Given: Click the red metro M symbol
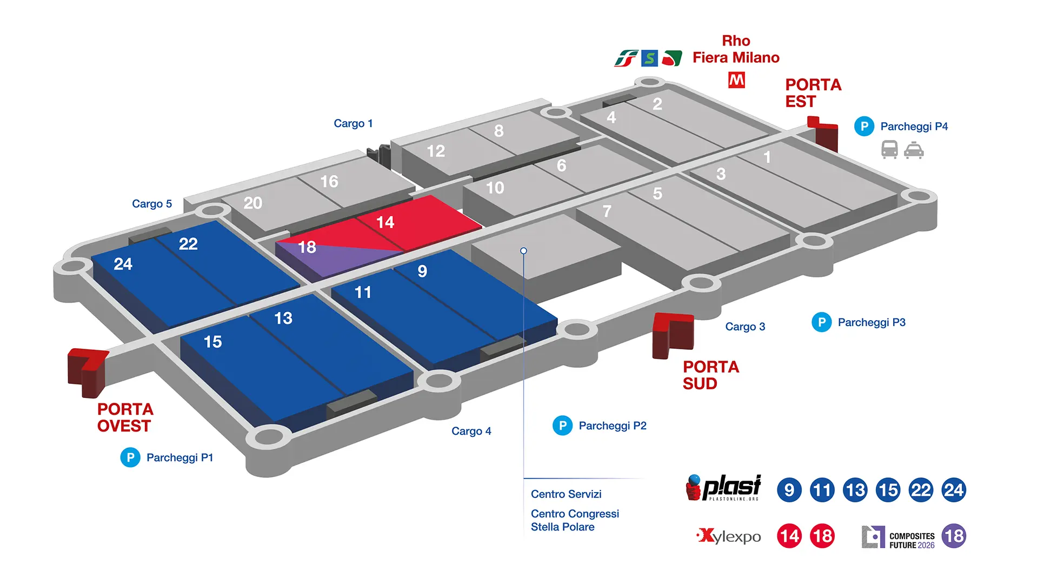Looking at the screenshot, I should click(736, 81).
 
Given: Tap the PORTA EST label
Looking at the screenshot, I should click(813, 93).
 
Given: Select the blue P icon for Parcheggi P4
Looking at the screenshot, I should click(864, 127).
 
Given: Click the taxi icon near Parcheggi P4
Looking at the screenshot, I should click(914, 150).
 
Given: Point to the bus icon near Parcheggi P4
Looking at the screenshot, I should click(889, 149).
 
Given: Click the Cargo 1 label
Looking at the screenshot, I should click(353, 124).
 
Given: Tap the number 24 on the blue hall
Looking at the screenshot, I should click(123, 264).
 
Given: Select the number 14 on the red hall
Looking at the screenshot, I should click(385, 222).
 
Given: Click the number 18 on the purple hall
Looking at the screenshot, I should click(307, 248).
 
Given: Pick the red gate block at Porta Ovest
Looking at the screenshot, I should click(86, 371).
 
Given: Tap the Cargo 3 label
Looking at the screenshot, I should click(745, 327).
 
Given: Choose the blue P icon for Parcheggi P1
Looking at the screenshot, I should click(130, 457).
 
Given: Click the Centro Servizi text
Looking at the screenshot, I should click(566, 494).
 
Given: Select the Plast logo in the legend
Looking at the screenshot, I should click(724, 488).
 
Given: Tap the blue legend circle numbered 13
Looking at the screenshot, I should click(855, 490).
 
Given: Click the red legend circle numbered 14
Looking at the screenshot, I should click(789, 536).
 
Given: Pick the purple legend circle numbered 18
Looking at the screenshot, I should click(954, 536).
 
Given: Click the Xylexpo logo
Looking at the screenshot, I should click(729, 536).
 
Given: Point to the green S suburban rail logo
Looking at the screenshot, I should click(649, 58).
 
